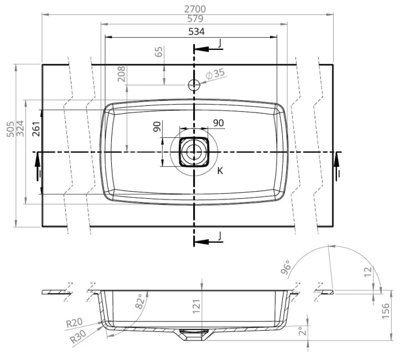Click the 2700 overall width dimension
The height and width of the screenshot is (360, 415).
tap(195, 9)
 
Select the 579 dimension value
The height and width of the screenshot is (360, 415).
tap(195, 19)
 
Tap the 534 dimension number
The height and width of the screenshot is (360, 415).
tap(196, 32)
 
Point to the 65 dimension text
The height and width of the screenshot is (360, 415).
tap(159, 52)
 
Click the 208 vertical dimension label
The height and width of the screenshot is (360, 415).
tap(121, 74)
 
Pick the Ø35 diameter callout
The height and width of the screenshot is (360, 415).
tap(215, 74)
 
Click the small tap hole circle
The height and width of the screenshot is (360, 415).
tap(194, 85)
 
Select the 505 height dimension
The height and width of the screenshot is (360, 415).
tap(11, 129)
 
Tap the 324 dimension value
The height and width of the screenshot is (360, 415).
tap(20, 128)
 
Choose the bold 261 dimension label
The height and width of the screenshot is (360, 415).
tap(37, 129)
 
